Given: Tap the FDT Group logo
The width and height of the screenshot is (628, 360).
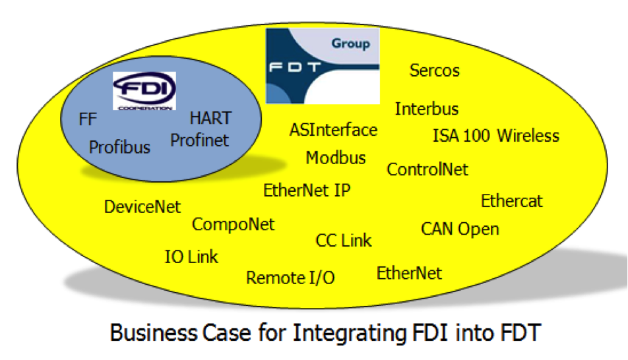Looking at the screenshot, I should [x=323, y=65].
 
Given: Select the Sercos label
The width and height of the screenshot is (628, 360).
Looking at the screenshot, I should [x=434, y=71].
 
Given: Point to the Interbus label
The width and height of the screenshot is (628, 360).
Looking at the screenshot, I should [x=427, y=109].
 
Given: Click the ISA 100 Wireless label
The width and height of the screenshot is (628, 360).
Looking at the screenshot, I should [x=495, y=136].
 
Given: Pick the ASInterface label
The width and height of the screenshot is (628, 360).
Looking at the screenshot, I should [x=333, y=130].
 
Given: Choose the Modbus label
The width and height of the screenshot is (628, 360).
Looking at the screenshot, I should [x=336, y=158].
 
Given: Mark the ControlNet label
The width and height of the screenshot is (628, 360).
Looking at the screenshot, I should [x=427, y=169].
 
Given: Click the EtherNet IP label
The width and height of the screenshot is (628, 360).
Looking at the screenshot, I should [x=307, y=191].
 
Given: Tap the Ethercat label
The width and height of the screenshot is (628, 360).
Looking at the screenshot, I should [x=512, y=201].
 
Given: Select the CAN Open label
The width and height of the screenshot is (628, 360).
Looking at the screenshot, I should [x=460, y=229].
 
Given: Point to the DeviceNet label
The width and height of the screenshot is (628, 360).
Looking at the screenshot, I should [x=142, y=207].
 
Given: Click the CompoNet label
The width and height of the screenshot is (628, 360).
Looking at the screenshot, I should [x=233, y=224].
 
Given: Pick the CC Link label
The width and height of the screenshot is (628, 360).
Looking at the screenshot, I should [x=343, y=241].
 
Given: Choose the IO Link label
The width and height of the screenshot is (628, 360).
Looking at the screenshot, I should [x=191, y=256].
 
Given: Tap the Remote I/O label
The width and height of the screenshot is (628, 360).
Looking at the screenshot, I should [x=290, y=278].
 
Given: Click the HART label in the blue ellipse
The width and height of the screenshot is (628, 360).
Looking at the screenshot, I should [x=210, y=118].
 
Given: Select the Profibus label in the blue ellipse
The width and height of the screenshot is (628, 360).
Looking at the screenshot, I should [x=119, y=146].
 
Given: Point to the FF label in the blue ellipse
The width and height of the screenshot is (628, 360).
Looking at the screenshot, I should [x=88, y=120].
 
